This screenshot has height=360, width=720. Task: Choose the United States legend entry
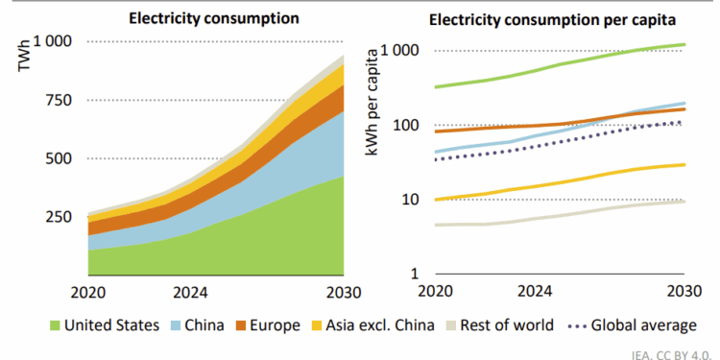click(101, 324)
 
